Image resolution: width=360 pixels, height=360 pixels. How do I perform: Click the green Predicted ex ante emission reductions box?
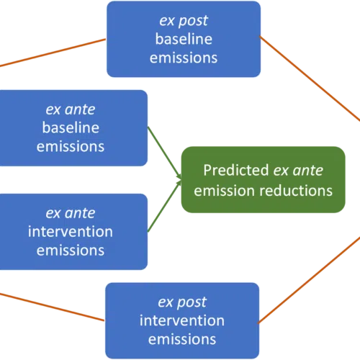[263, 179]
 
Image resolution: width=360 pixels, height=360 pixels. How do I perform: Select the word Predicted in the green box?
[236, 170]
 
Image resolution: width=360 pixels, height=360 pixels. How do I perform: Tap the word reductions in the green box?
[296, 191]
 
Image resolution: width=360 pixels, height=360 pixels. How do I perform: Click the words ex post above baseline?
[184, 21]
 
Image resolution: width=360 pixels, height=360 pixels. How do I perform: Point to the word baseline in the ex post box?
[184, 39]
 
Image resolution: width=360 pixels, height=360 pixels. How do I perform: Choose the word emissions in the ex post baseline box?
[184, 58]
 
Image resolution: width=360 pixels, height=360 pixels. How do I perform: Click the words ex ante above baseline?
[71, 109]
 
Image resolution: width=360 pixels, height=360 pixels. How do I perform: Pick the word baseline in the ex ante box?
[71, 127]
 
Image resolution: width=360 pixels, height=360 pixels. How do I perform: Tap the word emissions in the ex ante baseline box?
[71, 146]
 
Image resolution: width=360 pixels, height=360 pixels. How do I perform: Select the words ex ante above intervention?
[71, 213]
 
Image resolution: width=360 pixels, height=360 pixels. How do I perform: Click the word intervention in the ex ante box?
[71, 232]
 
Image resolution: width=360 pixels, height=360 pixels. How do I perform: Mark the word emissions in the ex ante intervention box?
[71, 251]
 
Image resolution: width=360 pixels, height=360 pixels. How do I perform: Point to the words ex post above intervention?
[182, 302]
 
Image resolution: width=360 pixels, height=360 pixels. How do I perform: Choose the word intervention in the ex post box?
[182, 320]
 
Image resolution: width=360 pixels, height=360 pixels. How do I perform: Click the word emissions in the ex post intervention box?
[182, 339]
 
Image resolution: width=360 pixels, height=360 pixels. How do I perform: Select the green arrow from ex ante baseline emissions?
[164, 153]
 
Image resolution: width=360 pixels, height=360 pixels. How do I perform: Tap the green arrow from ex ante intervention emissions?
[164, 206]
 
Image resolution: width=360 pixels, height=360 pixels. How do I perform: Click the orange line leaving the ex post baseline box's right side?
[310, 78]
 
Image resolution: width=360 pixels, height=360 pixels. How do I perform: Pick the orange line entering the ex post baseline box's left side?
[53, 53]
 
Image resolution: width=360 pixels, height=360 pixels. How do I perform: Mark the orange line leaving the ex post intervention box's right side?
[309, 280]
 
